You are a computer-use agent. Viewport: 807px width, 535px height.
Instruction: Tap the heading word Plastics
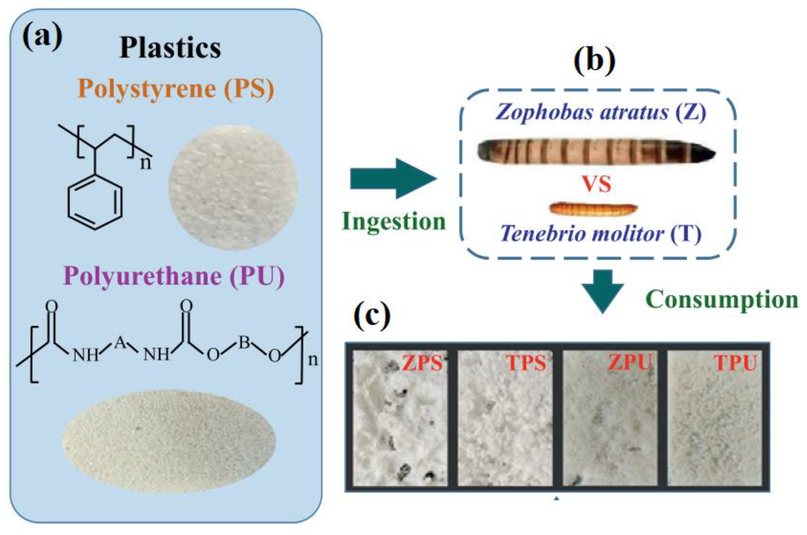click(x=170, y=48)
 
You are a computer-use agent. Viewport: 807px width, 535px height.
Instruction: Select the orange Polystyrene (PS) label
click(x=176, y=89)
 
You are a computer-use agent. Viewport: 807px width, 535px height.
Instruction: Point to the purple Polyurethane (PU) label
click(x=174, y=276)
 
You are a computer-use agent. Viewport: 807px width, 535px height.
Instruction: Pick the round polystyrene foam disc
click(x=233, y=187)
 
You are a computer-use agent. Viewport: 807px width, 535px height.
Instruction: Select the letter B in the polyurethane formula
click(x=244, y=342)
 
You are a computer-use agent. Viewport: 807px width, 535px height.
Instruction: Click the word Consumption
click(x=722, y=299)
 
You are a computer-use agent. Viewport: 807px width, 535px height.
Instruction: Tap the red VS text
click(x=597, y=185)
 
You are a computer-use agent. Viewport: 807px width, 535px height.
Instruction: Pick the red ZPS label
click(x=422, y=363)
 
